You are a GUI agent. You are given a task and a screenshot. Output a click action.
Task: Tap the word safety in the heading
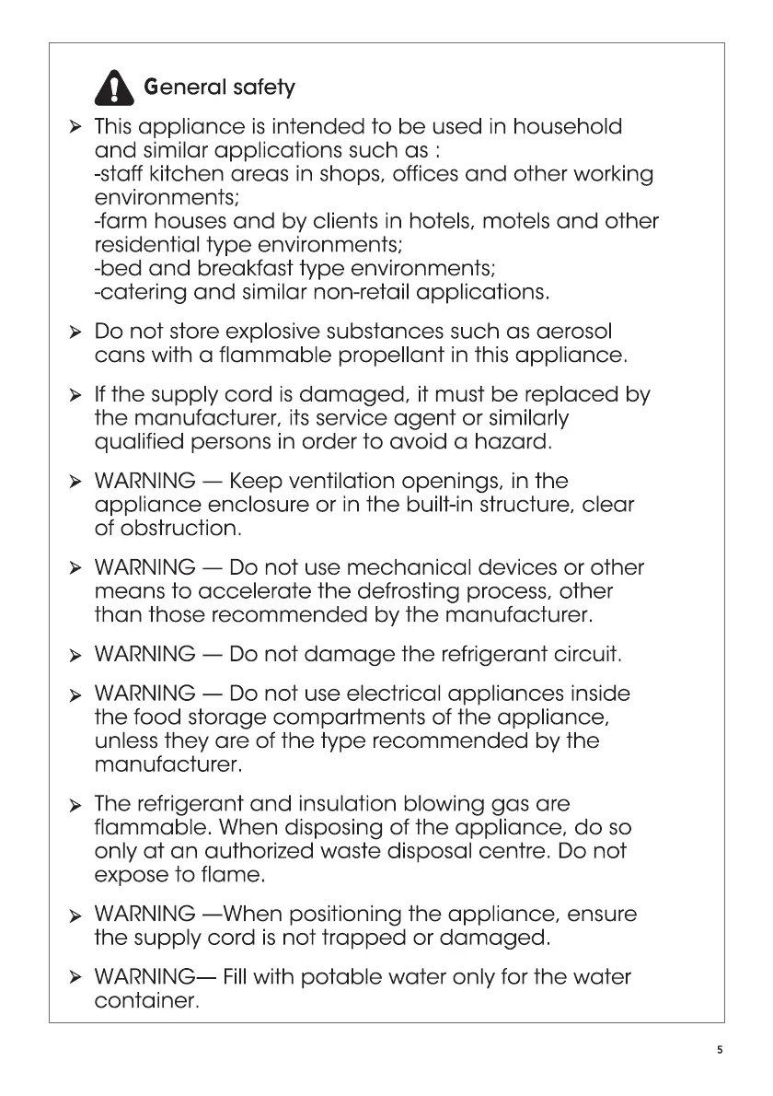pyautogui.click(x=264, y=88)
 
